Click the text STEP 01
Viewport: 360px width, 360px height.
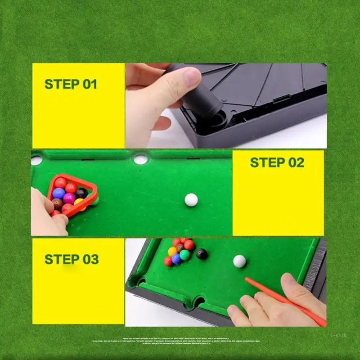click(71, 84)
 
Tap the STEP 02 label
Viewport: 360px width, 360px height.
click(277, 162)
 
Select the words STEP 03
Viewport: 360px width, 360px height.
click(71, 259)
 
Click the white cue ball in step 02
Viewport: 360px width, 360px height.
click(191, 200)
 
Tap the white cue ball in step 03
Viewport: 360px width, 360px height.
click(239, 261)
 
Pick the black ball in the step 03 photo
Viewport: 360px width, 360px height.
click(202, 254)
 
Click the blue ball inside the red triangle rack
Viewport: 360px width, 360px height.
click(58, 193)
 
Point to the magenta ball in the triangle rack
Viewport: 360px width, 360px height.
click(69, 198)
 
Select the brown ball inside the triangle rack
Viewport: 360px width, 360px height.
click(58, 204)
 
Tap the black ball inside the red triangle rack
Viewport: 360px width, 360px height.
click(81, 193)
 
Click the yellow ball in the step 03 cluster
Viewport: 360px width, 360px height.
click(172, 252)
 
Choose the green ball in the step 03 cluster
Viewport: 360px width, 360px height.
click(184, 255)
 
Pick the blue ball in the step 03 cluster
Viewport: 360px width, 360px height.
click(176, 259)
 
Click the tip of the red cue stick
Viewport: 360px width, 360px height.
click(247, 279)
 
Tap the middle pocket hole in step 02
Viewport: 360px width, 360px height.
click(140, 159)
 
